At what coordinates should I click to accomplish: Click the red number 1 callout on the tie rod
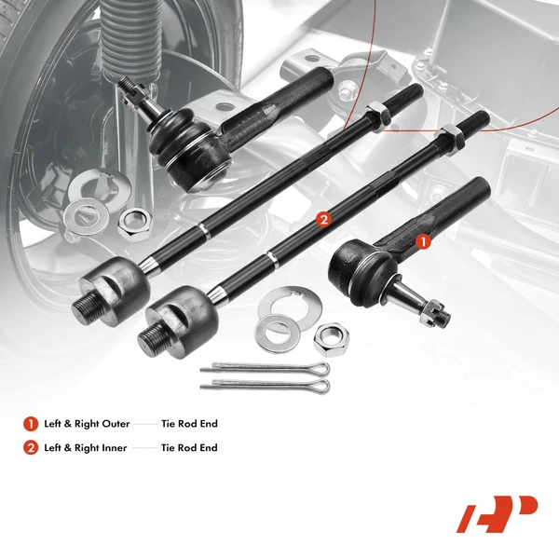tap(421, 240)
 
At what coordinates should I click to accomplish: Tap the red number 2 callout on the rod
tap(323, 220)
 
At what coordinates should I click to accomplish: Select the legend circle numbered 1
tap(31, 424)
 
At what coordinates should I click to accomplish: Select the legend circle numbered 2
tap(31, 448)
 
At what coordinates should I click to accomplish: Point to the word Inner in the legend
tap(113, 448)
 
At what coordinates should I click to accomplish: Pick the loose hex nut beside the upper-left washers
tap(134, 220)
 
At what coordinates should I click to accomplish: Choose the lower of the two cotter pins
tap(265, 382)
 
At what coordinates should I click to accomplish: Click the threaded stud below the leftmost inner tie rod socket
tap(86, 308)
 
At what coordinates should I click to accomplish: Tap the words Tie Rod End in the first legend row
tap(189, 424)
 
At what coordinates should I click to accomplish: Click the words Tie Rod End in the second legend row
tap(189, 448)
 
